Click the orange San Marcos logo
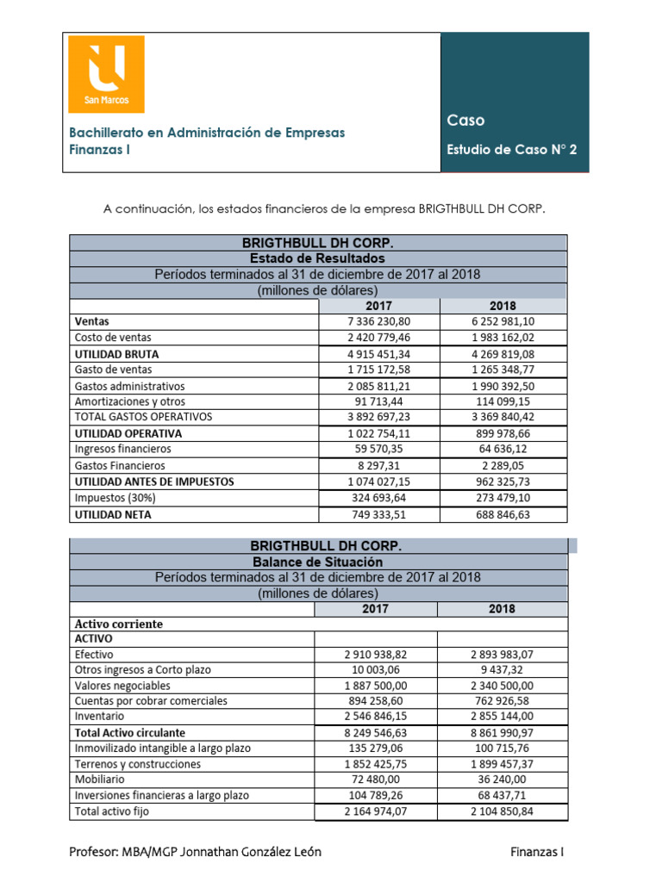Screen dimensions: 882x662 [106, 74]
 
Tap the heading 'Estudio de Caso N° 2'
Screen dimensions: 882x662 [512, 149]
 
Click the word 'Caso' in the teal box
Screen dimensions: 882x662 [465, 120]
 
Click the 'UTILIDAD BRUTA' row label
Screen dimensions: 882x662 [116, 353]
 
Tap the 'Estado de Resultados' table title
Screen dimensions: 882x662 [317, 258]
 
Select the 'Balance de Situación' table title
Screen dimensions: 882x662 [316, 562]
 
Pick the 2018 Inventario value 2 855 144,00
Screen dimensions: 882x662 [503, 716]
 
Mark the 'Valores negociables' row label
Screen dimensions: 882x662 [122, 686]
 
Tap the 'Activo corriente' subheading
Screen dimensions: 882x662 [119, 624]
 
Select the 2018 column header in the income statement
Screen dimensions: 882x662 [503, 306]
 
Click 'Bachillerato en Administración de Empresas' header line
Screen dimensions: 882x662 [207, 133]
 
